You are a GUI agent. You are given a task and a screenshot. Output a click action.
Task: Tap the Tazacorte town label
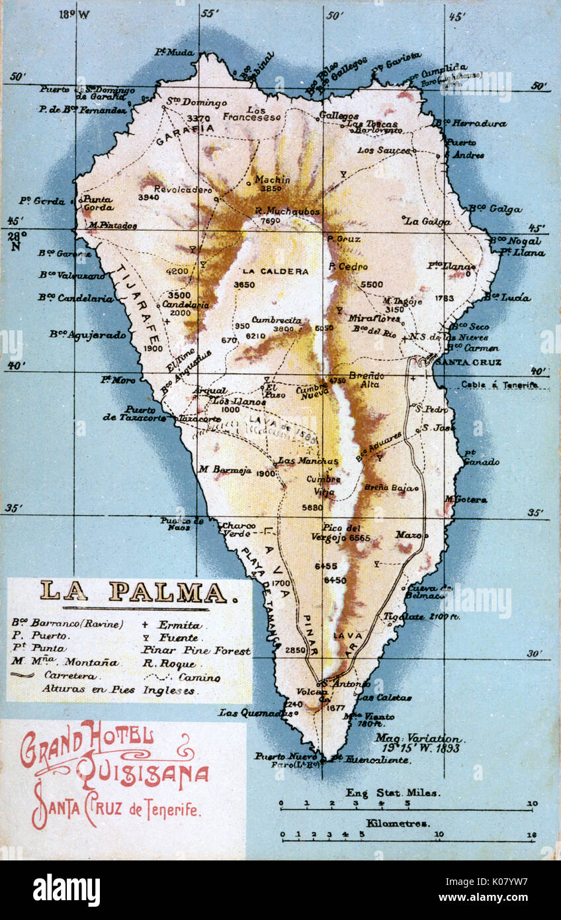click(199, 419)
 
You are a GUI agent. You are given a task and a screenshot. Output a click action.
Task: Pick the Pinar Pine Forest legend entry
click(196, 651)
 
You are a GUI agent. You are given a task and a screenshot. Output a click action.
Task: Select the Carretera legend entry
click(69, 676)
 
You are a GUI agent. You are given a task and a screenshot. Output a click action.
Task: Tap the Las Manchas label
click(308, 461)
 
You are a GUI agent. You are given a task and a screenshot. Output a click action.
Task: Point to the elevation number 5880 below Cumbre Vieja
click(312, 507)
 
